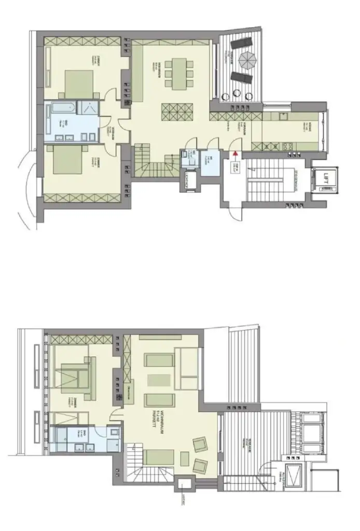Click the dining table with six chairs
coord(178,73)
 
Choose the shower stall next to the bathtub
coord(88,109)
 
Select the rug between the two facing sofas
coord(155,380)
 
